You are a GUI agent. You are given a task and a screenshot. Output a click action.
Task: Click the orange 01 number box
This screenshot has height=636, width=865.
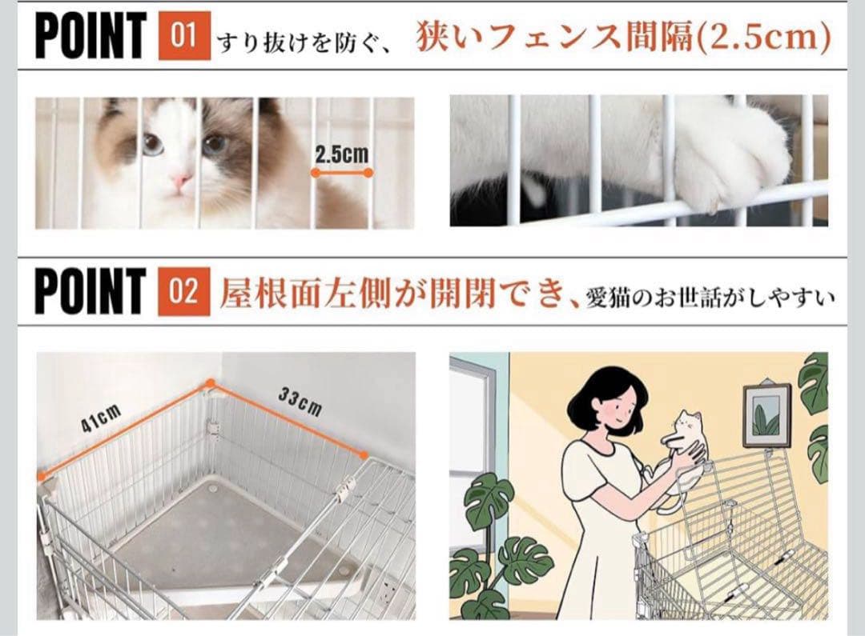point(184,36)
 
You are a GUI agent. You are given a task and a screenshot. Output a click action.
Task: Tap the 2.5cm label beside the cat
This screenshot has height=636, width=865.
point(342,154)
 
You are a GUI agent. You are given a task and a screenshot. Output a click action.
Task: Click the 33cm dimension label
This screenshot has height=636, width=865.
point(300,402)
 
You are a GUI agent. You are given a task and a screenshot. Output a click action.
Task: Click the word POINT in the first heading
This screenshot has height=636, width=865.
point(91,36)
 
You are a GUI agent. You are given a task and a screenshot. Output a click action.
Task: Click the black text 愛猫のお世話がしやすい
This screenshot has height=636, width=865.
point(710,298)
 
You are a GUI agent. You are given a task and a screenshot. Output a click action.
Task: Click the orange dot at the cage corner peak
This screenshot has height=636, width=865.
point(210,383)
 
